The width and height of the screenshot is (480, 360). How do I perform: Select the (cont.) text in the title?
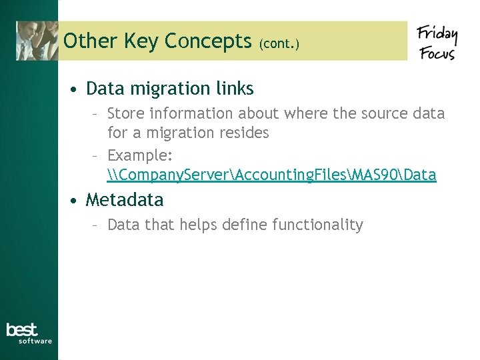point(279,44)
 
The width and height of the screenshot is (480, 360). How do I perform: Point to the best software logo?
point(29,333)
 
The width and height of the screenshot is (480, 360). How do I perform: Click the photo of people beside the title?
point(37,41)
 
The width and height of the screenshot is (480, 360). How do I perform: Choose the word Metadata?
point(125,199)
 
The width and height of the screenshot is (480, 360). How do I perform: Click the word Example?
point(140,155)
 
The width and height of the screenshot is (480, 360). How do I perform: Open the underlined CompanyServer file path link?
point(271,175)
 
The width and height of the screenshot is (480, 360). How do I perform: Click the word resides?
point(243,133)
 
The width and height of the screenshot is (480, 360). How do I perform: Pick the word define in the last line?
point(245,225)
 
